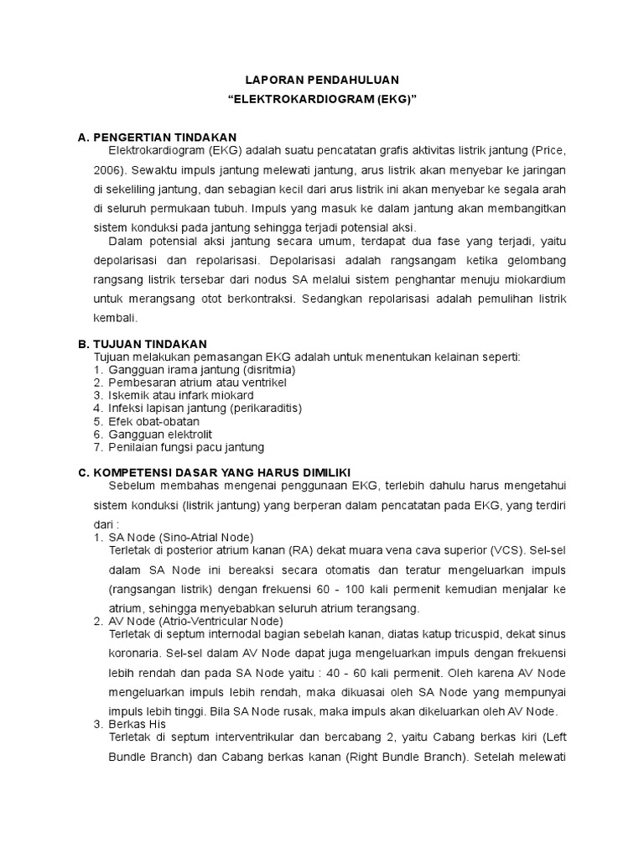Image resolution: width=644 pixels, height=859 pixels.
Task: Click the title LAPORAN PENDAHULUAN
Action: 322,80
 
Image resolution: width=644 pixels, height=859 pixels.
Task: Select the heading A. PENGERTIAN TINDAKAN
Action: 158,138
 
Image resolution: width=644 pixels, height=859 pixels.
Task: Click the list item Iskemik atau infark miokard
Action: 181,395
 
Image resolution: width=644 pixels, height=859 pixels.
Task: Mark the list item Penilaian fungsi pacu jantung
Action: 187,447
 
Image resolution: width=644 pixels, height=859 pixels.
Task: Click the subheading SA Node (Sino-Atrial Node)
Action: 181,537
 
